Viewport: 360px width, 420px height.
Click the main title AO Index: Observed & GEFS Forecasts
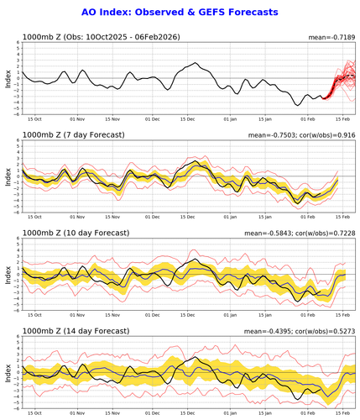point(180,13)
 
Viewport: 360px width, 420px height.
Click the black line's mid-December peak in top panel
point(194,63)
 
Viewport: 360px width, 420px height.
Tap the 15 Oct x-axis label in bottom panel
point(37,411)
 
